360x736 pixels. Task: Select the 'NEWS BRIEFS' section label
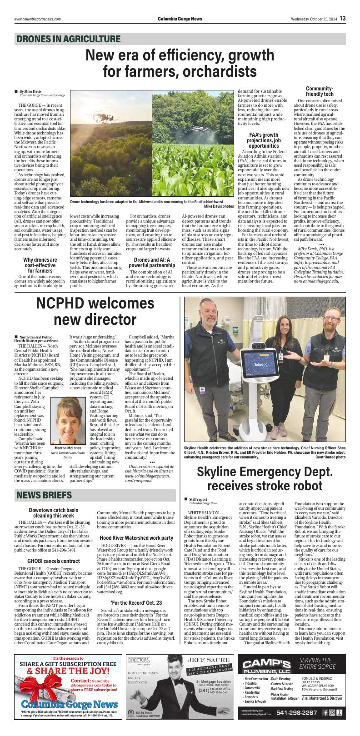point(44,494)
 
